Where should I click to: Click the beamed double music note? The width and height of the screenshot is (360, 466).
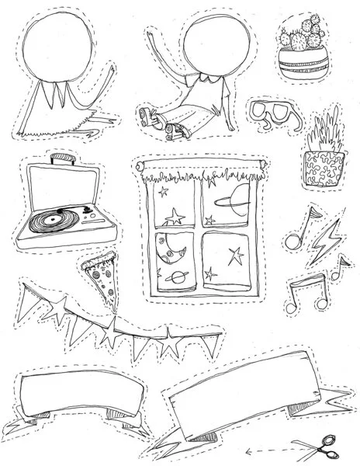click(318, 288)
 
